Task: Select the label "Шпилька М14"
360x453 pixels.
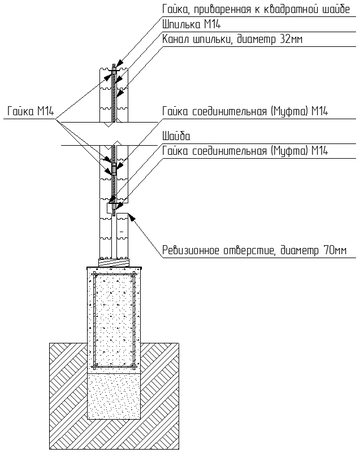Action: [191, 24]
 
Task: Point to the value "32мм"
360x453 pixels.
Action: [291, 39]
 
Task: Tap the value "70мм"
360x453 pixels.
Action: [335, 250]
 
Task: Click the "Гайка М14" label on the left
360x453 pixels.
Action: [30, 111]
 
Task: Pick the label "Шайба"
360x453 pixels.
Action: [176, 136]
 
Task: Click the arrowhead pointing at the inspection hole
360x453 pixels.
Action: [132, 217]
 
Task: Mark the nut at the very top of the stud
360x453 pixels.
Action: [114, 71]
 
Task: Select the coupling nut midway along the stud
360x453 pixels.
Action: [114, 169]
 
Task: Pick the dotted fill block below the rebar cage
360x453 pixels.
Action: [114, 396]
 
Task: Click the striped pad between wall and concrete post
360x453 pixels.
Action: [114, 262]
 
